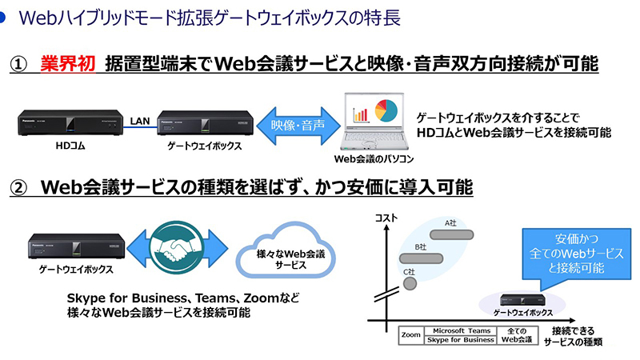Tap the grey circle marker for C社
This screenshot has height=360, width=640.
(x=410, y=282)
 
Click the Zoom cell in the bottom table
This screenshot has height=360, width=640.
(x=411, y=335)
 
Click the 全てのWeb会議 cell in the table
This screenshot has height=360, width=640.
(x=516, y=335)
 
